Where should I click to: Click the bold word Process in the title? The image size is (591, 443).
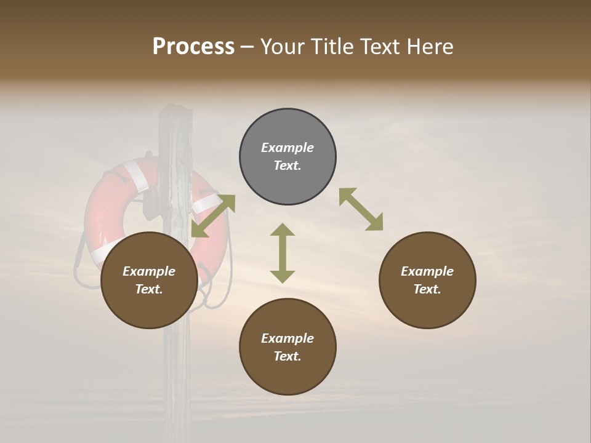(x=193, y=47)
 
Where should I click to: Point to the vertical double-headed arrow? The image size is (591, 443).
(x=283, y=253)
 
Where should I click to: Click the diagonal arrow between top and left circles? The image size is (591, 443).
(x=213, y=215)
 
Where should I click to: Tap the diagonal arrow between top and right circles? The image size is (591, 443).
(x=361, y=209)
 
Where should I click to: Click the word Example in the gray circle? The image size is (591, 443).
(x=287, y=148)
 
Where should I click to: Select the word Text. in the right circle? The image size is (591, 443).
(x=427, y=289)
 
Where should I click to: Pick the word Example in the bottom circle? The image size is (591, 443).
(x=287, y=338)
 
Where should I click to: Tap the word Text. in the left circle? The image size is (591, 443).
(x=149, y=289)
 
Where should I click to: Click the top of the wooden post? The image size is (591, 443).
(x=174, y=114)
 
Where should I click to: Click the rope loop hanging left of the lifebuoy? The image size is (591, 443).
(x=79, y=265)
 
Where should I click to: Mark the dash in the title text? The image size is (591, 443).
(x=247, y=47)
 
